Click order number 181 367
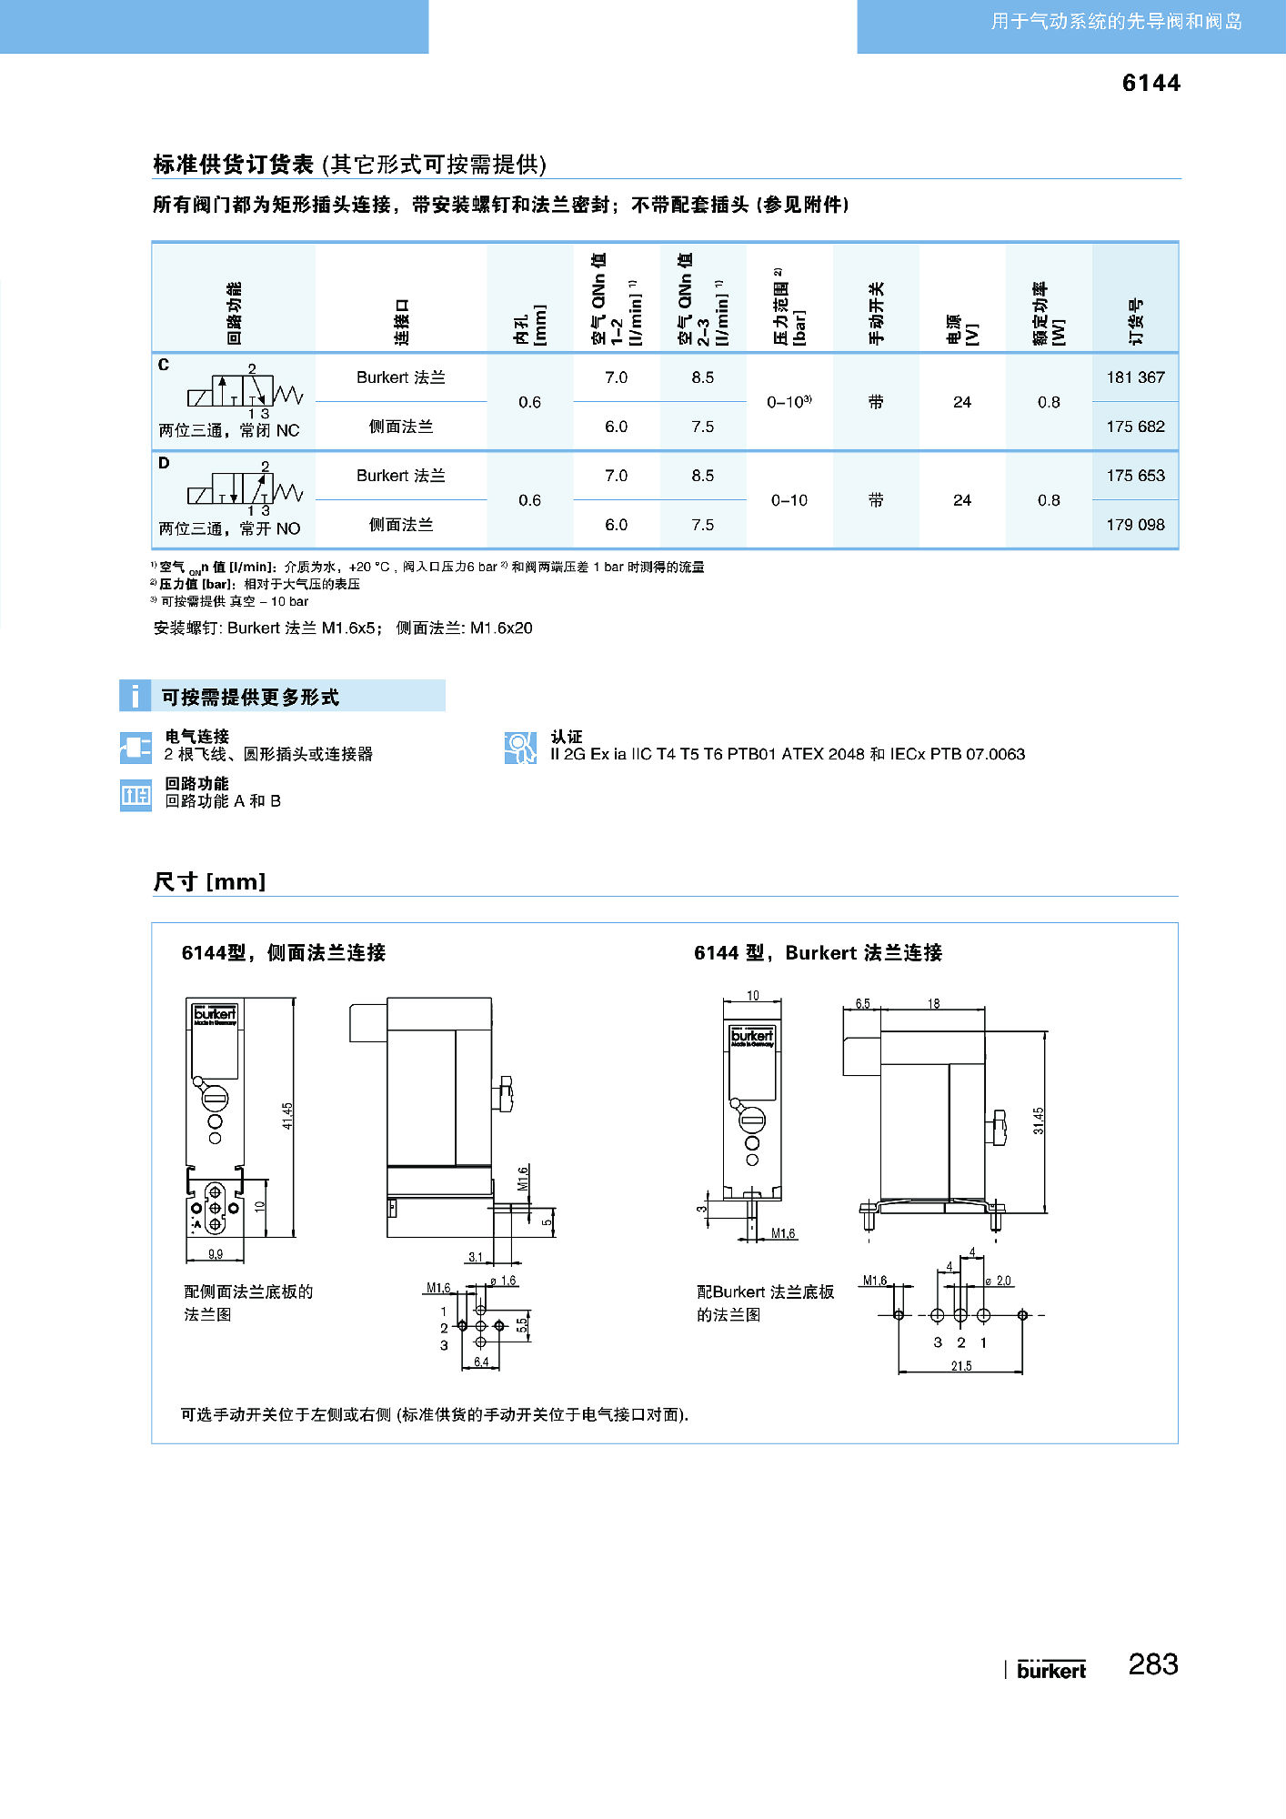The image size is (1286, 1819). pos(1135,377)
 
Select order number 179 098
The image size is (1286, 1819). pos(1135,525)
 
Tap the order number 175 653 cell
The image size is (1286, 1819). pos(1135,476)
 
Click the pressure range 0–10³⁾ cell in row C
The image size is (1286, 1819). pos(789,402)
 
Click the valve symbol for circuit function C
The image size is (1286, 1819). pos(244,391)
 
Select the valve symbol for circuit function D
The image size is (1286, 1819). pos(244,489)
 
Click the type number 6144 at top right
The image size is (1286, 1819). pos(1150,83)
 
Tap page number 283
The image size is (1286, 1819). pos(1152,1664)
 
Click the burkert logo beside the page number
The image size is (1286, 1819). pos(1050,1670)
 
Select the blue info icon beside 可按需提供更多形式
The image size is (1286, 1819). pos(135,696)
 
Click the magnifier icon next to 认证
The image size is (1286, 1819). pos(520,748)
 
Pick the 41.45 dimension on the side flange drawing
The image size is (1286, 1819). pos(287,1116)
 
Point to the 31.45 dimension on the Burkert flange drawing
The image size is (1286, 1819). pos(1039,1121)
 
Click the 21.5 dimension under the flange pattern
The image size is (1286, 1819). pos(961,1366)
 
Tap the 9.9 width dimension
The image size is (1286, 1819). pos(215,1254)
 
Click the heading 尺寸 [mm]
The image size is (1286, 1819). pos(209,881)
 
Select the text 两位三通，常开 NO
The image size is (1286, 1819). pos(229,528)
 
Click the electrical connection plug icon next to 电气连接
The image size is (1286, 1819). pos(136,748)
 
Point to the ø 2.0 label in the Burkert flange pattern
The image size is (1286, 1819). pos(999,1281)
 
